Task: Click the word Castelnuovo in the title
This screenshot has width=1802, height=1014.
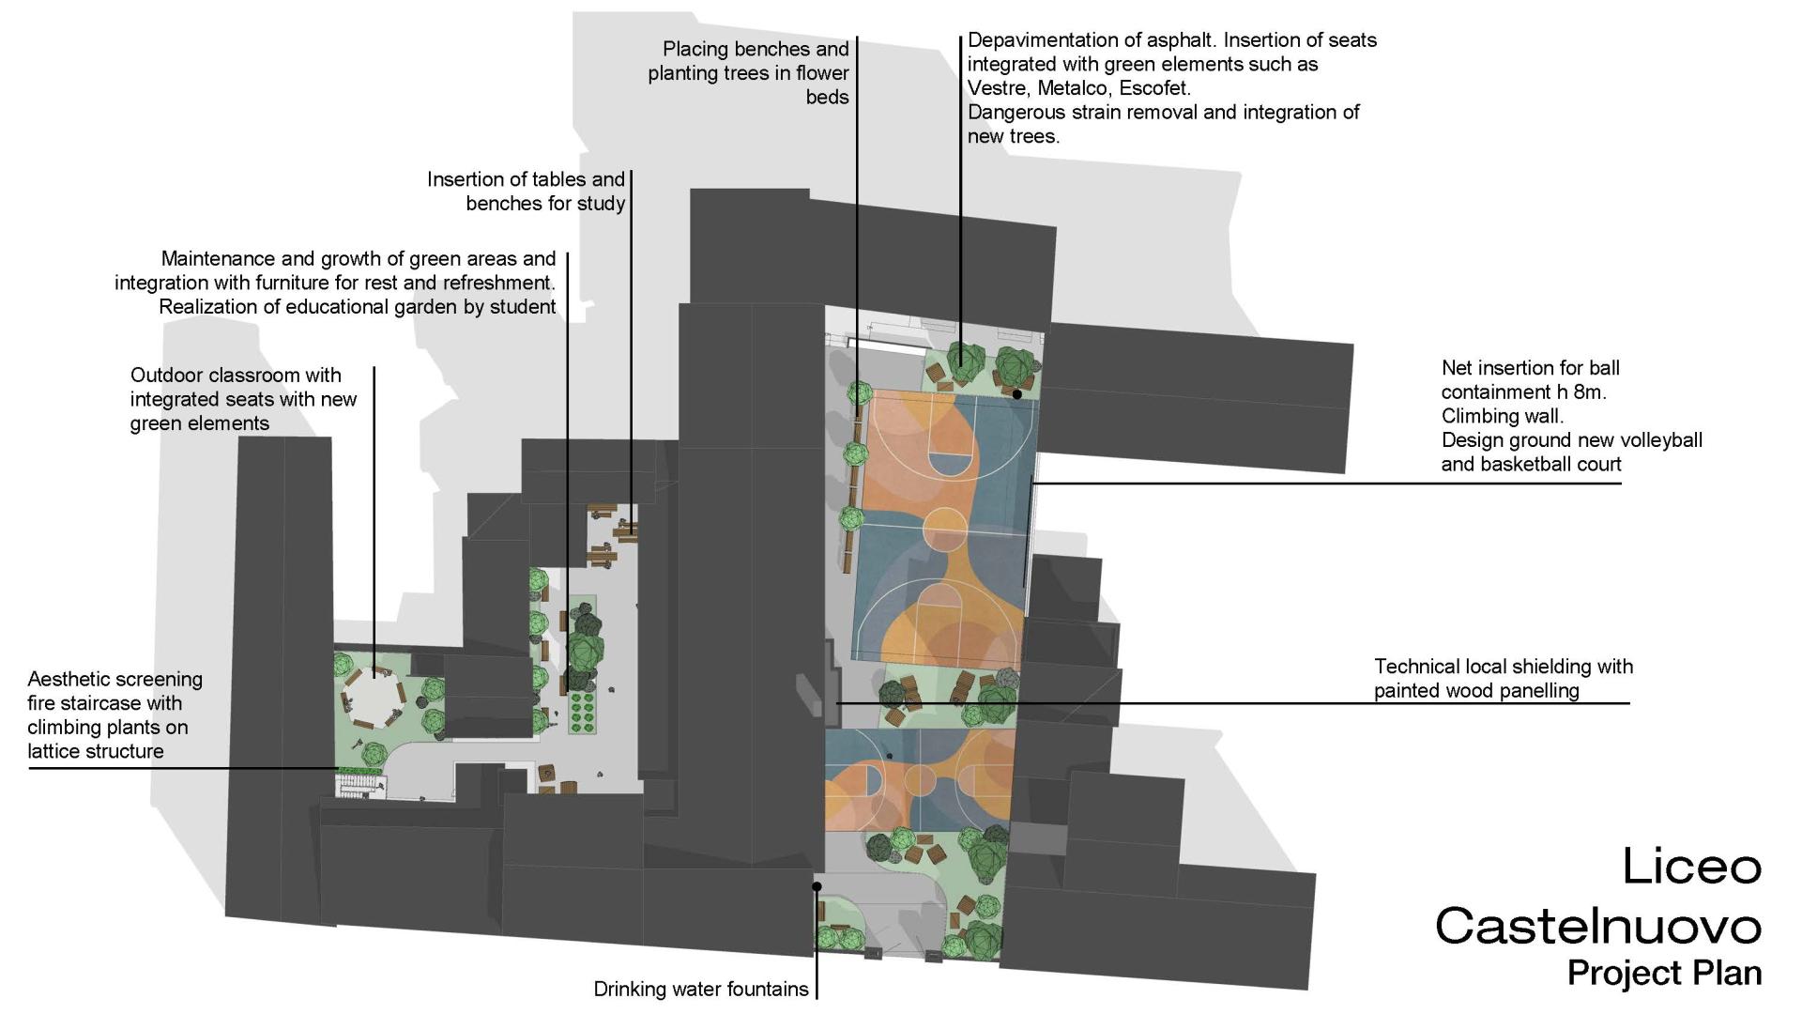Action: tap(1597, 926)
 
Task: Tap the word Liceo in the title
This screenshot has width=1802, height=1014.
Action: tap(1691, 866)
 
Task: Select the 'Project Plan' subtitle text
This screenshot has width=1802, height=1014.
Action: tap(1664, 973)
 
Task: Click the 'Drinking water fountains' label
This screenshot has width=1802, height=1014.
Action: tap(700, 989)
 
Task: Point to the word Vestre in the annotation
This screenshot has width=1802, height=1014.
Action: tap(999, 88)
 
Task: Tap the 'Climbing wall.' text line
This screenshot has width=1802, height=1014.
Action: tap(1502, 416)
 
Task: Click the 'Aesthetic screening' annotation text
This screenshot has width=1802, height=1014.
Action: tap(115, 679)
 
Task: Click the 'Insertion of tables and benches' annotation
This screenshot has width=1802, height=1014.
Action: tap(526, 191)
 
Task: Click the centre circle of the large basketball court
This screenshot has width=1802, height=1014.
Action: tap(945, 529)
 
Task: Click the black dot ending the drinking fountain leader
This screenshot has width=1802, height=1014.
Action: tap(817, 886)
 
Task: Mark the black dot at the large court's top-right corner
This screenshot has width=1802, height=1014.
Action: tap(1016, 394)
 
